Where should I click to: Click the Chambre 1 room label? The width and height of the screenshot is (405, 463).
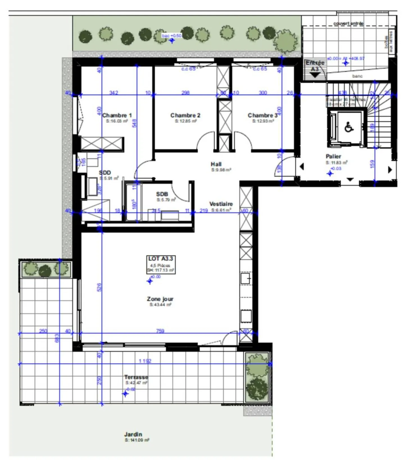pos(117,115)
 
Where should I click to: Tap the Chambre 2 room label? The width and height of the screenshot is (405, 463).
pos(185,115)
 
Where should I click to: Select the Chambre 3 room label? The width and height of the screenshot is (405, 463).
pos(262,115)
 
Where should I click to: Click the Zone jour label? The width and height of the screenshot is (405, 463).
pos(160,299)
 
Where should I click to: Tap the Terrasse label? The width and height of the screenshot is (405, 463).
pos(136,377)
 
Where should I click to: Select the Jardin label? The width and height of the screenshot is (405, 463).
pos(133,434)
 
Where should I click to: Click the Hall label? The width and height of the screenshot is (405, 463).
pos(216,164)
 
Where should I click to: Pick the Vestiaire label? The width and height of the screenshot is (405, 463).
pos(221,204)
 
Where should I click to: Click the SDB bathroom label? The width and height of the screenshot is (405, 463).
pos(162,194)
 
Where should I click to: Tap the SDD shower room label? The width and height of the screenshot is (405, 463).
pos(105,172)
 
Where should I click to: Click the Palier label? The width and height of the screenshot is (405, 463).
pos(333,156)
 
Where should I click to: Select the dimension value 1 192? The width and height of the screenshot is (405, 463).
pos(145,361)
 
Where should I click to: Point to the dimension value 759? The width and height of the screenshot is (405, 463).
pos(160,331)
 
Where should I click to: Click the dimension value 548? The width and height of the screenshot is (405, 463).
pos(134,123)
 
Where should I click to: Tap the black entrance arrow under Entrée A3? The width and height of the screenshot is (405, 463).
pos(315,75)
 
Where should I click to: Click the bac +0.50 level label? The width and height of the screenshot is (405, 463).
pos(172,36)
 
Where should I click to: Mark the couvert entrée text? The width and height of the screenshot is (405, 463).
pos(348,23)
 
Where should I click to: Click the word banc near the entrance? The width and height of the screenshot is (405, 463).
pos(357,76)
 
